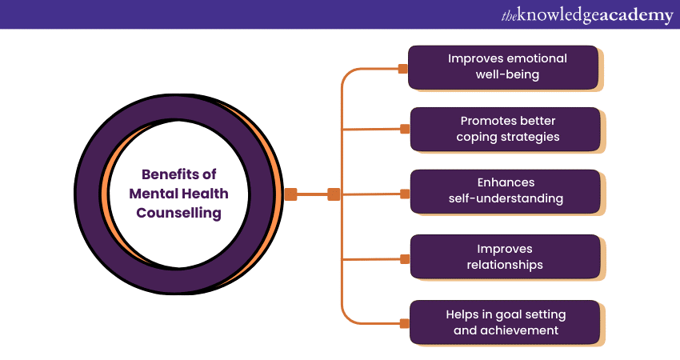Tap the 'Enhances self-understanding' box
click(x=505, y=191)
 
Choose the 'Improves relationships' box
click(x=505, y=257)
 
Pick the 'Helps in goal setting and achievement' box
click(x=505, y=322)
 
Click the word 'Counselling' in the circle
click(x=179, y=214)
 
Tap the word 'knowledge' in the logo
click(x=558, y=15)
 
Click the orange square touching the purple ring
click(x=290, y=194)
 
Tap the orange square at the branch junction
click(x=334, y=194)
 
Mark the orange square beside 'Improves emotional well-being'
click(x=402, y=69)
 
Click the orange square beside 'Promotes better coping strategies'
click(x=405, y=127)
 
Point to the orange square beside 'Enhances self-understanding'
click(x=405, y=194)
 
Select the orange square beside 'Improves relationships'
click(x=405, y=259)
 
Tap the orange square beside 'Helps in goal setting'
click(x=405, y=323)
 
